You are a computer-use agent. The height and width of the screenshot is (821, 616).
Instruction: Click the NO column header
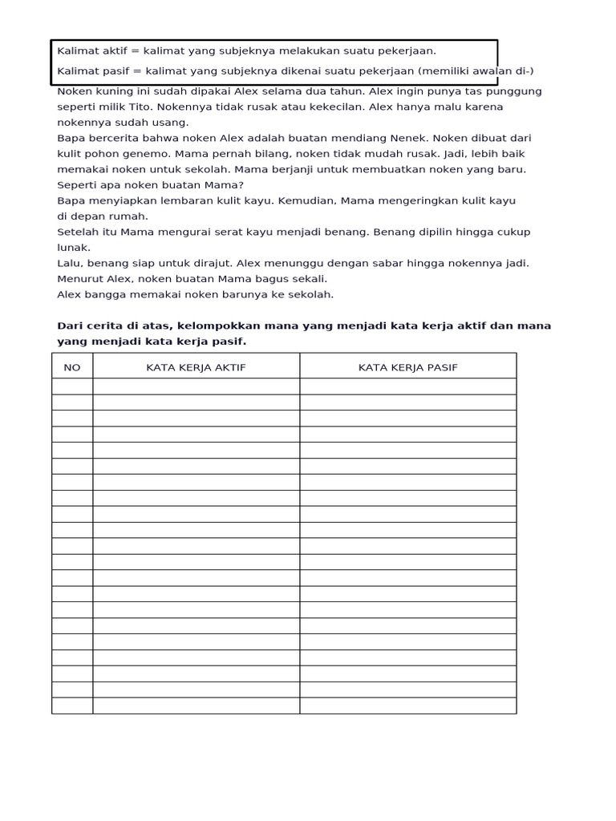72,367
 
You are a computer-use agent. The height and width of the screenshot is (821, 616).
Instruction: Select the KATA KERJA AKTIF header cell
196,367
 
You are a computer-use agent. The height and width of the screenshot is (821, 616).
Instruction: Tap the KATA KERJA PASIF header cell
407,367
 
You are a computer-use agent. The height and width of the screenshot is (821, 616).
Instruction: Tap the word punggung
513,91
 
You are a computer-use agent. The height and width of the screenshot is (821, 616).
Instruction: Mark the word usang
172,123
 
